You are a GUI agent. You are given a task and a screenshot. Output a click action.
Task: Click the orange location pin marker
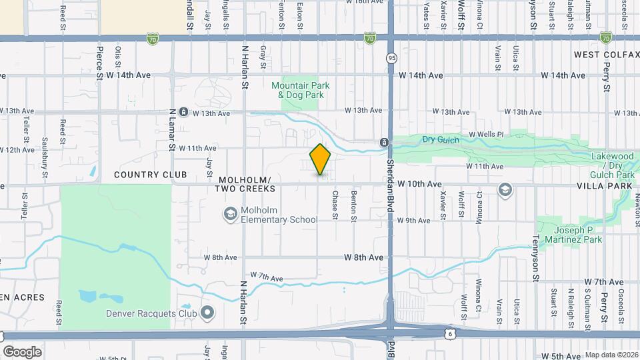tap(321, 159)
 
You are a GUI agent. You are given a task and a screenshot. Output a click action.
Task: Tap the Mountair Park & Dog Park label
tap(301, 90)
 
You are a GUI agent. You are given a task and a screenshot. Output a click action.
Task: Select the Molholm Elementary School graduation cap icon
tap(230, 214)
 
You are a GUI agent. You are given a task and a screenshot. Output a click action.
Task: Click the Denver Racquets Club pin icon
tap(207, 312)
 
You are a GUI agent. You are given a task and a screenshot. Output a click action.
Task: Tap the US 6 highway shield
tap(450, 332)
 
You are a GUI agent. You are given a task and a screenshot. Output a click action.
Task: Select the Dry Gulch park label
tap(437, 139)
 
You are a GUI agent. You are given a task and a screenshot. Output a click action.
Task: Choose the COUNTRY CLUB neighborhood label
tap(145, 175)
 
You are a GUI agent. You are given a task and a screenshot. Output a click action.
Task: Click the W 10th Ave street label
tap(419, 183)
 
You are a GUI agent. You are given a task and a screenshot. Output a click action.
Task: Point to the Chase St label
tap(335, 204)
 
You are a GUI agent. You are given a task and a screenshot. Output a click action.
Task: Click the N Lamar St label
tap(172, 129)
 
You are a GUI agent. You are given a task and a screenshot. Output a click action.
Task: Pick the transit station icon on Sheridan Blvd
tap(384, 142)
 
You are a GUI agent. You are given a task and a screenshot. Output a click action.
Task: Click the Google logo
tap(22, 351)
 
